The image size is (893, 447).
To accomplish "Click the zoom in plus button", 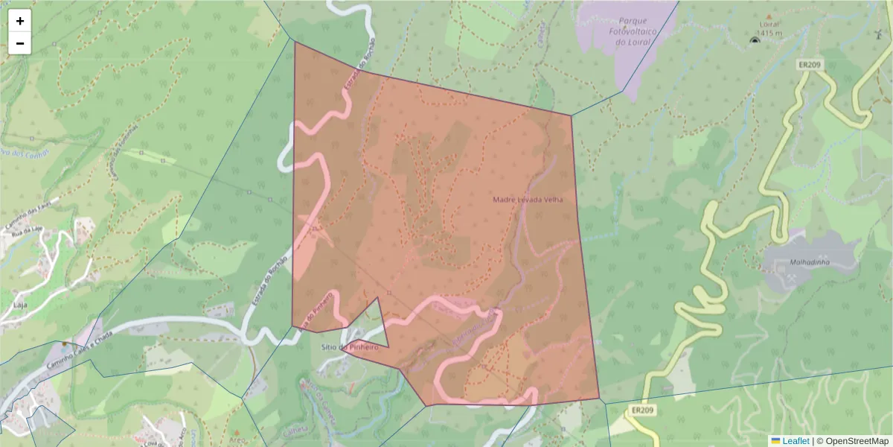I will tap(20, 21).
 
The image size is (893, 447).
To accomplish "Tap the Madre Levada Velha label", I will tap(528, 200).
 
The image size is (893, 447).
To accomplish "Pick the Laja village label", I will tap(21, 305).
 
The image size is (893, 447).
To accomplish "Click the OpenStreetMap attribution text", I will tap(857, 441).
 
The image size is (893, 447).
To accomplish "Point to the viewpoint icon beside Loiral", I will tap(755, 39).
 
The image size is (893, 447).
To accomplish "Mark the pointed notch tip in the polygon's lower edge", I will tap(379, 298).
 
